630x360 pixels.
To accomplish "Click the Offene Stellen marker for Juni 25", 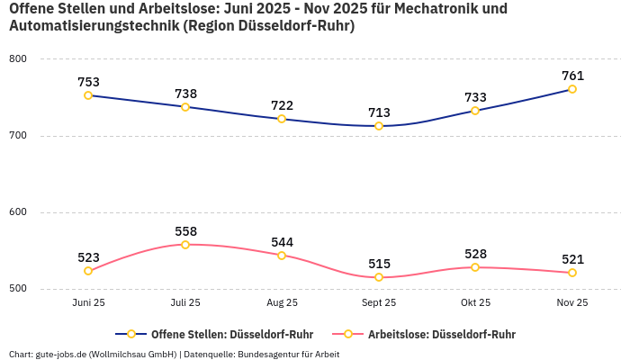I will pyautogui.click(x=88, y=95).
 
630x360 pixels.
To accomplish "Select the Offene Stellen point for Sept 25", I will pyautogui.click(x=379, y=126).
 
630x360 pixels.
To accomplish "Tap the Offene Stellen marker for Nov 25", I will pyautogui.click(x=572, y=89).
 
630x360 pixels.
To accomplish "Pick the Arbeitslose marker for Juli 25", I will pyautogui.click(x=185, y=245).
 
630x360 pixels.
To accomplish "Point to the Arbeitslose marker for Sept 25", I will pyautogui.click(x=379, y=277).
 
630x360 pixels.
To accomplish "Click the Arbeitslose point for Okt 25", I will pyautogui.click(x=475, y=267).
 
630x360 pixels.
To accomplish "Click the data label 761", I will pyautogui.click(x=572, y=76).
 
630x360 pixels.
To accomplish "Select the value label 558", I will pyautogui.click(x=185, y=231).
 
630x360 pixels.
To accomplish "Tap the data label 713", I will pyautogui.click(x=379, y=112).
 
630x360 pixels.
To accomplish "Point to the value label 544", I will pyautogui.click(x=282, y=242).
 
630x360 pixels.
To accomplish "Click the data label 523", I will pyautogui.click(x=88, y=257).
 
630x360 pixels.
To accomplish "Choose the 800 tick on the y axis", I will pyautogui.click(x=18, y=59).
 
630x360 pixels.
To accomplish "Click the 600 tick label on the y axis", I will pyautogui.click(x=18, y=212).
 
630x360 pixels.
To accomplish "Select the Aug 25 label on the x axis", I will pyautogui.click(x=282, y=303).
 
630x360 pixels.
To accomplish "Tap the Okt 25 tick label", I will pyautogui.click(x=475, y=303).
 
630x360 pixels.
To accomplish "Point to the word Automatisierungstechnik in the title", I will pyautogui.click(x=94, y=26).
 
